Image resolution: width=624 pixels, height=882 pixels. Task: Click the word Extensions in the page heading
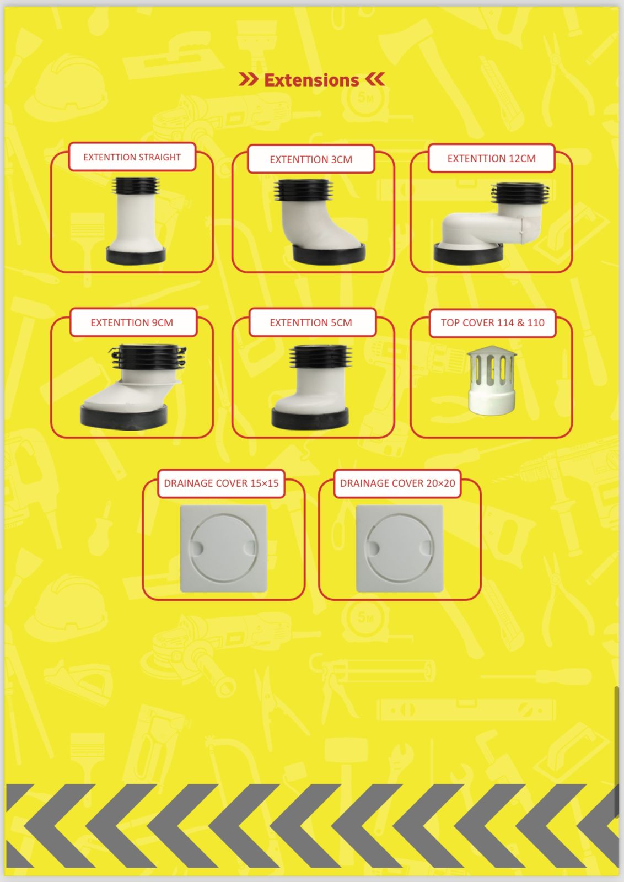[311, 80]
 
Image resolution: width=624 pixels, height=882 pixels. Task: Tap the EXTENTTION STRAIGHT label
[132, 157]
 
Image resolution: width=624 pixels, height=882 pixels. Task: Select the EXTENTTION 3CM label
[311, 159]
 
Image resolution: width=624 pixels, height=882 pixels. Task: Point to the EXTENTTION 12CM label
[491, 158]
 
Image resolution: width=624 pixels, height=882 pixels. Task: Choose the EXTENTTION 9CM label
[132, 322]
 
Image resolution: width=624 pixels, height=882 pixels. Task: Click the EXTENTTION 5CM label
[311, 322]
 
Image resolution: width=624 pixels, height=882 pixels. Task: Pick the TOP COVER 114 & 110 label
[492, 322]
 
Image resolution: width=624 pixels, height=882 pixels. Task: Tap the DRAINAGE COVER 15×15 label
[221, 483]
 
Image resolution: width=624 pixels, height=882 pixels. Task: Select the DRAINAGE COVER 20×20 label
[397, 483]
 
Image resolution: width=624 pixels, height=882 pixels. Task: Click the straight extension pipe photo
[136, 220]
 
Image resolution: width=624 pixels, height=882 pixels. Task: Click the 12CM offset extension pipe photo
[492, 223]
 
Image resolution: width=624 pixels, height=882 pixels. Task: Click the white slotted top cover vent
[492, 380]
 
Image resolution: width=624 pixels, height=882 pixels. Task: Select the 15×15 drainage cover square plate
[224, 548]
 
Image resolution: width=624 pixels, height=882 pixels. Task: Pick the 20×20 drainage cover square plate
[400, 548]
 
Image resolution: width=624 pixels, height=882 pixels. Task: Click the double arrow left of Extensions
[249, 79]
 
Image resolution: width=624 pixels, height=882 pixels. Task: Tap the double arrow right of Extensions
[375, 79]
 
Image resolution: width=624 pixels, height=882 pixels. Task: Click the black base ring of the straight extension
[136, 256]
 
